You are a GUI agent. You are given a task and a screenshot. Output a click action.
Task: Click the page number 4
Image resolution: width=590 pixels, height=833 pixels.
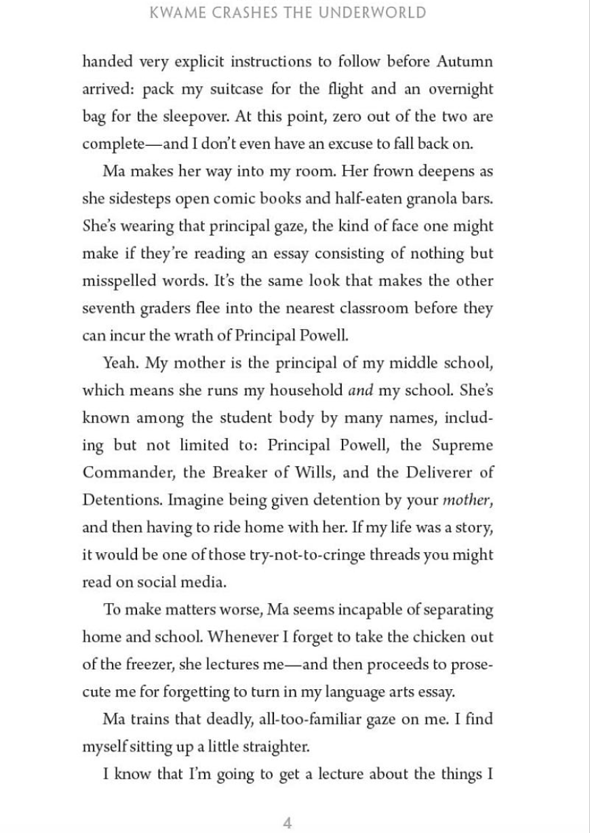[287, 805]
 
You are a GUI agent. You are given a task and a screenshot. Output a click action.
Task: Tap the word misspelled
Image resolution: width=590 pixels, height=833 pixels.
[116, 281]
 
